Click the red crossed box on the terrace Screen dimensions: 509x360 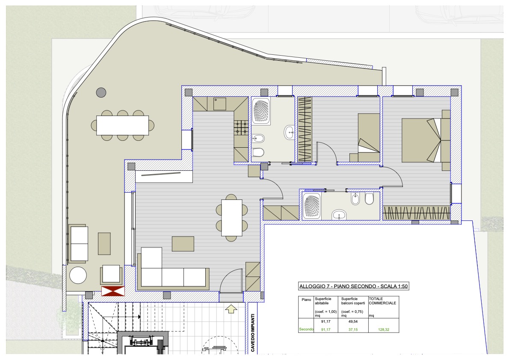tap(113, 291)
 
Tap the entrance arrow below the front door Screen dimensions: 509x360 tap(231, 309)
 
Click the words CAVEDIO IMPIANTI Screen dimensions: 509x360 tap(253, 332)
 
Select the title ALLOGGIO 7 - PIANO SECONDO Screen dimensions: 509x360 tap(337, 286)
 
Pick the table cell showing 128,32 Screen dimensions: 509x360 tap(383, 330)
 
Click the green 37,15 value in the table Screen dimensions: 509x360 tap(353, 330)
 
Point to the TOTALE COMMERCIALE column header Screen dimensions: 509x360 tap(382, 301)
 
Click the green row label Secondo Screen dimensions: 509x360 tap(306, 329)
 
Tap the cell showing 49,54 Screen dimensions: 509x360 tap(353, 321)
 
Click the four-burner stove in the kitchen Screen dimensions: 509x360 tap(242, 128)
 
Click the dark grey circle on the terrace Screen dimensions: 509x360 tap(101, 92)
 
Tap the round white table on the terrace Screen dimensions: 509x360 tap(78, 275)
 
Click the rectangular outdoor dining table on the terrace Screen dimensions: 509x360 tap(122, 125)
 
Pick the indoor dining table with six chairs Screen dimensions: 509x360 tap(232, 218)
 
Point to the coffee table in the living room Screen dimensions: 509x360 tap(183, 244)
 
